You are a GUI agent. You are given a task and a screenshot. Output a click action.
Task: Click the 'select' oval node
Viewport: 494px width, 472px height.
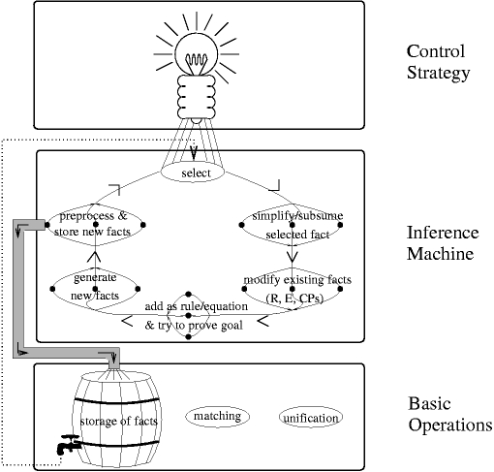click(x=193, y=173)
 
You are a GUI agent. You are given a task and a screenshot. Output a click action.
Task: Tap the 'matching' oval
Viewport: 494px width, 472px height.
click(x=217, y=416)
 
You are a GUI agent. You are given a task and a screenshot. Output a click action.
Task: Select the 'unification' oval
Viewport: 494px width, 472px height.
click(x=311, y=418)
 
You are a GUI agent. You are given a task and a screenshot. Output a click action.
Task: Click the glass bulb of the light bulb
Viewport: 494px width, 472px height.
click(x=197, y=54)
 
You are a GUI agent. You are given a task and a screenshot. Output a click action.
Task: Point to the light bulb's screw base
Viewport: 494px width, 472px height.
click(x=197, y=97)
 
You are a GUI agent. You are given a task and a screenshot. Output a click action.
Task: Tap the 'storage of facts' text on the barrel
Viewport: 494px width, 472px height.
click(x=118, y=421)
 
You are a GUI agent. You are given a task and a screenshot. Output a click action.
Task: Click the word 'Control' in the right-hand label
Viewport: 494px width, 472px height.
click(x=436, y=51)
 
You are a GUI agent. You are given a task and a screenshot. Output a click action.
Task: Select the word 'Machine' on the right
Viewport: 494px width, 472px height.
click(x=440, y=253)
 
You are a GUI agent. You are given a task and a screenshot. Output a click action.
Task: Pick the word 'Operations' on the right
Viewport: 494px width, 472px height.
click(x=450, y=425)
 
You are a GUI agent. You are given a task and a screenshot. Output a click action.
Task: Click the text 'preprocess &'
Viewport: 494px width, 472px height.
click(x=94, y=215)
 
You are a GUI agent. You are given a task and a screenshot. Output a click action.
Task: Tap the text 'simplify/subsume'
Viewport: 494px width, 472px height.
click(x=297, y=215)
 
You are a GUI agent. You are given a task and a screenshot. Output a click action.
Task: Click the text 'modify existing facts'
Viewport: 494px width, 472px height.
click(x=297, y=279)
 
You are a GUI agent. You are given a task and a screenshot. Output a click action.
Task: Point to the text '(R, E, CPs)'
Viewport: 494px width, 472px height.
click(x=294, y=298)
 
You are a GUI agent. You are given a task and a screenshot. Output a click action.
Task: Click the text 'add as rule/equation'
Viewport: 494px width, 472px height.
click(x=197, y=306)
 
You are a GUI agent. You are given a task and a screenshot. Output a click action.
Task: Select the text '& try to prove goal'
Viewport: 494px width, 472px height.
click(x=194, y=325)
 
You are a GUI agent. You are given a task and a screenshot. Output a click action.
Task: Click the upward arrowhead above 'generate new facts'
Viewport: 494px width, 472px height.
click(x=95, y=256)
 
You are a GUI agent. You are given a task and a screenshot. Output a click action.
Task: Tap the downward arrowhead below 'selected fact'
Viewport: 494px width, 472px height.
click(x=293, y=257)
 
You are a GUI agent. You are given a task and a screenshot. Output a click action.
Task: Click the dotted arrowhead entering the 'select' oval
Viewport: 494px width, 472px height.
click(x=194, y=153)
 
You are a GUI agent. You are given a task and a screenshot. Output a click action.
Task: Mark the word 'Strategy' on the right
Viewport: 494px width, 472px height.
click(x=438, y=73)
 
